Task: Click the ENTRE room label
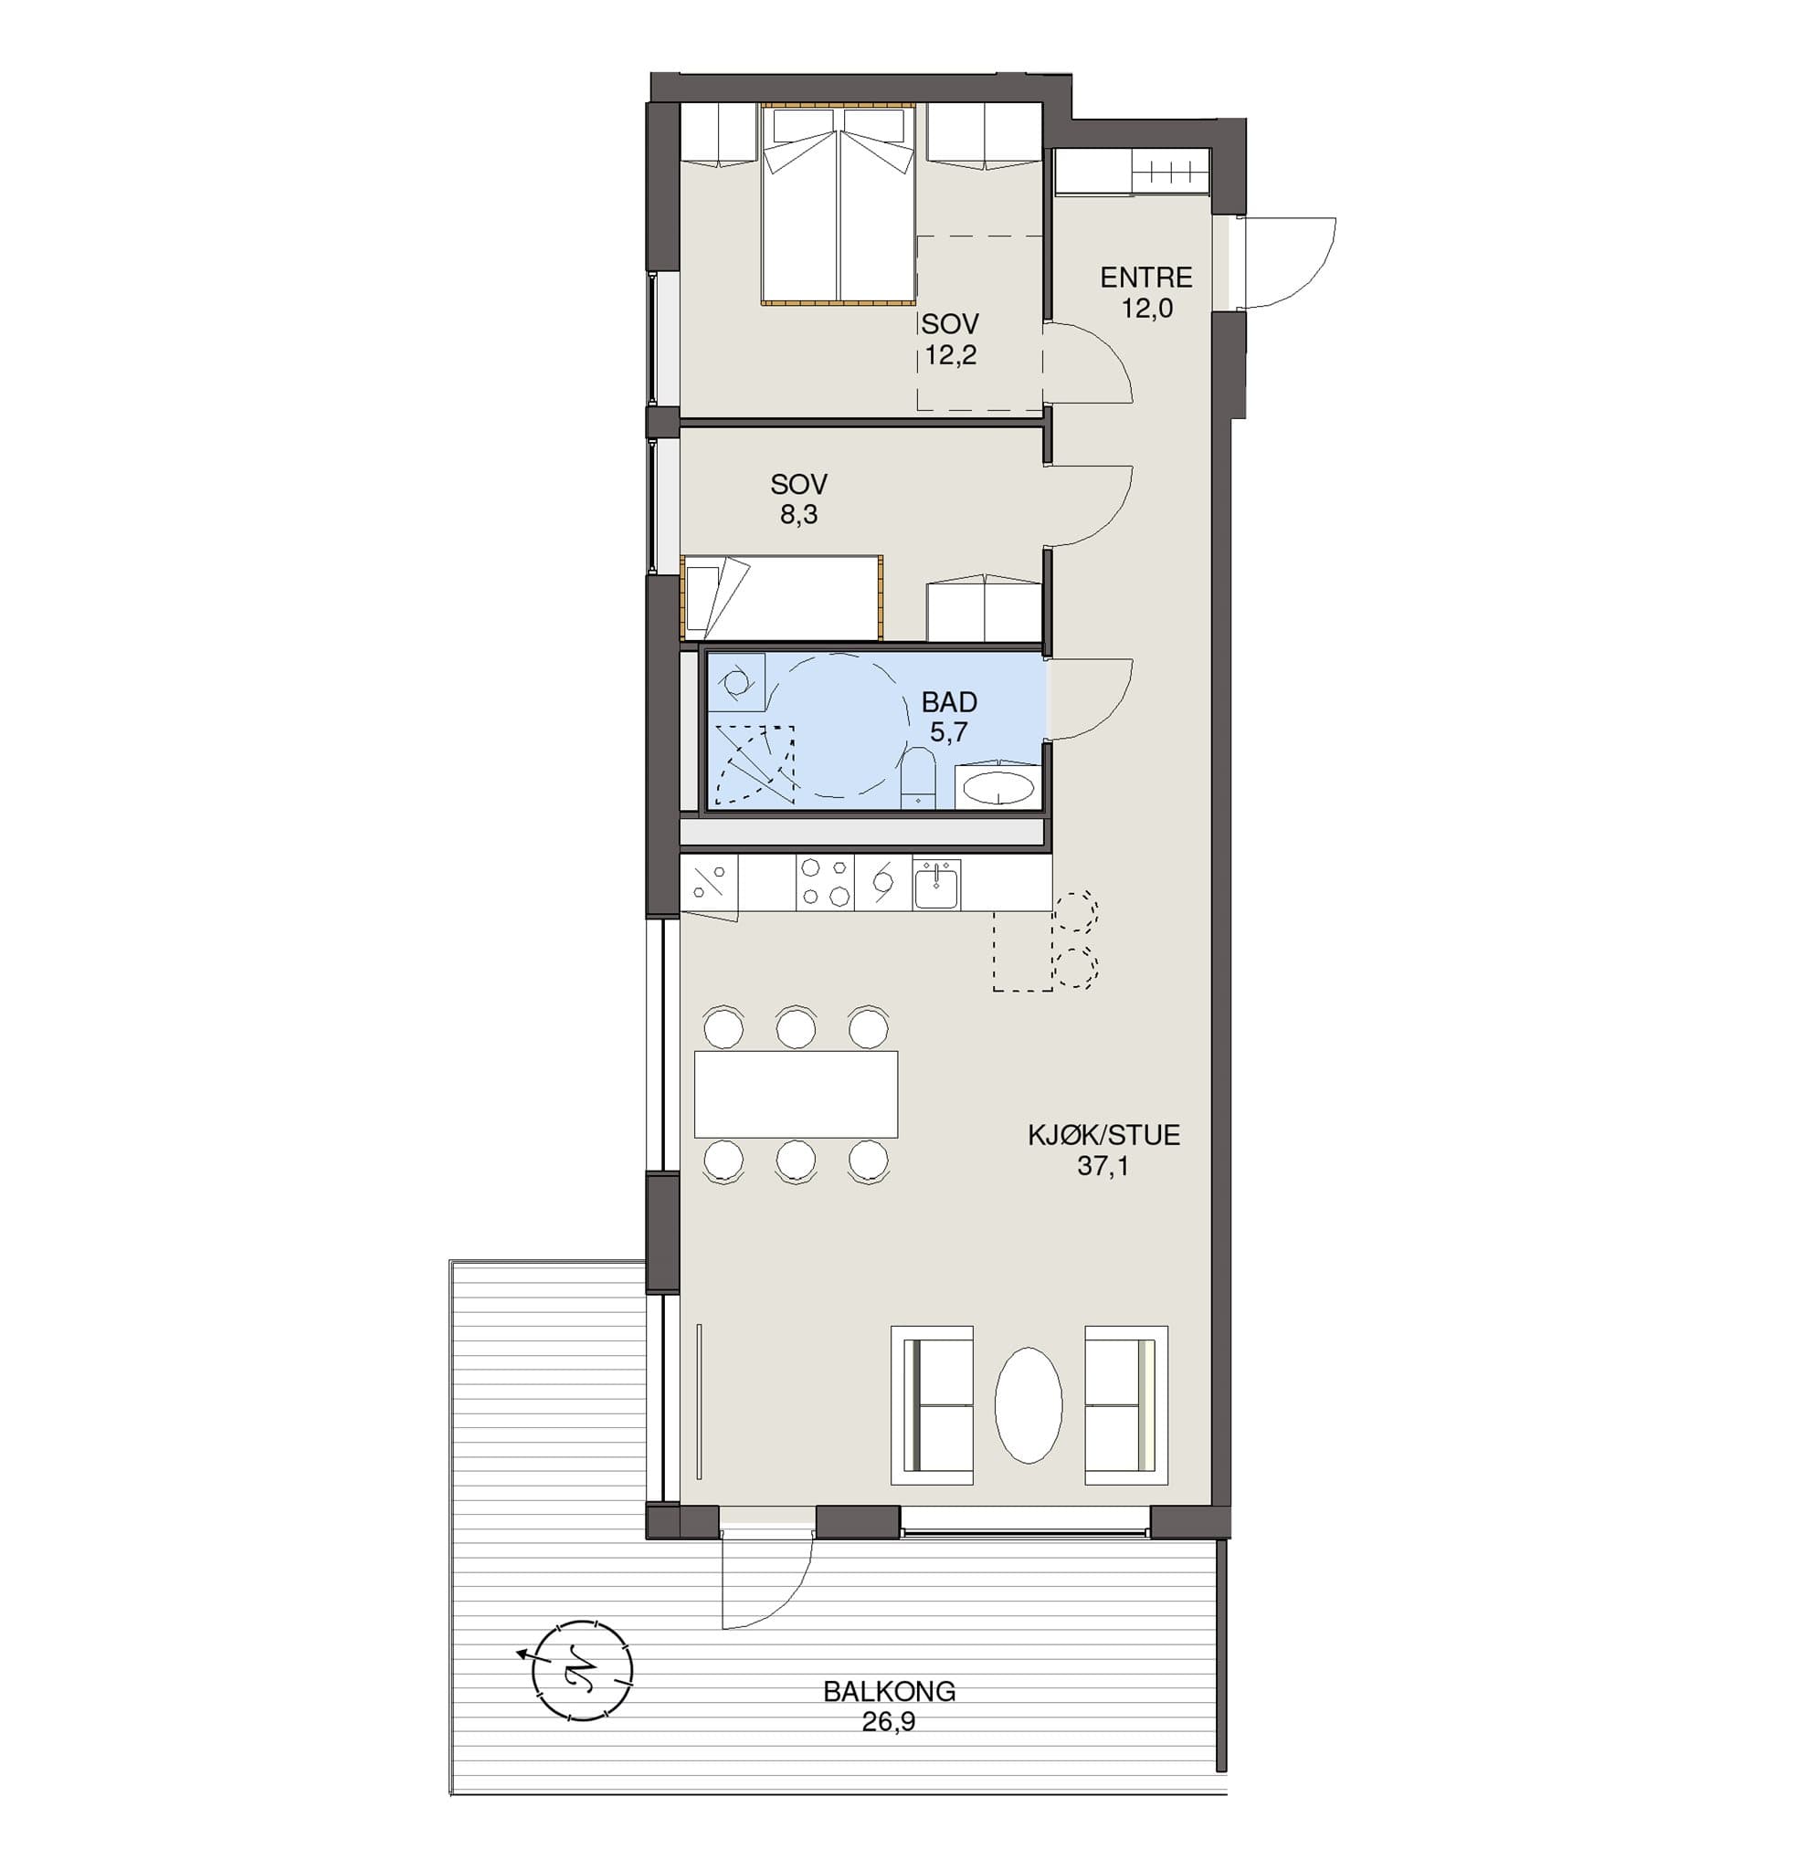(x=1146, y=278)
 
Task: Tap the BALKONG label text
(x=889, y=1692)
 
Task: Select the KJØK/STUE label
(x=1103, y=1135)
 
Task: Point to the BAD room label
(x=948, y=702)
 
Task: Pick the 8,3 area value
(x=798, y=515)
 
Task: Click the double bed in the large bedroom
(x=838, y=205)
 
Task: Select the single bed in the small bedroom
(x=782, y=597)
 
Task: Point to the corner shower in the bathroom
(x=754, y=764)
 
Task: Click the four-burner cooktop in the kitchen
(x=825, y=881)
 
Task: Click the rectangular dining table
(x=796, y=1093)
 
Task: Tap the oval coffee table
(x=1028, y=1405)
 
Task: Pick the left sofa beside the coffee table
(x=932, y=1404)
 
